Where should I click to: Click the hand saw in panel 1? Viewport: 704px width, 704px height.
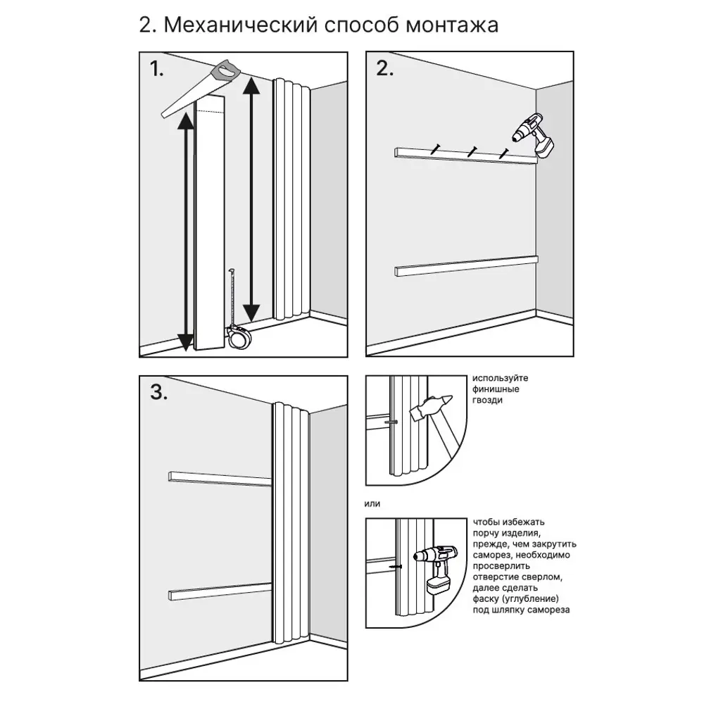(x=201, y=88)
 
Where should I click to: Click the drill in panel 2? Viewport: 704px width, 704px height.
(x=535, y=134)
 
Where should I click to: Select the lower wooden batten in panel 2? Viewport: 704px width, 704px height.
(x=465, y=265)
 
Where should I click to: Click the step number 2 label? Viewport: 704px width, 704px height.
(x=385, y=68)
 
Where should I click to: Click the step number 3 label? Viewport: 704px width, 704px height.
(x=159, y=392)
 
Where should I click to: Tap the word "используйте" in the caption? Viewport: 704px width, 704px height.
(x=501, y=378)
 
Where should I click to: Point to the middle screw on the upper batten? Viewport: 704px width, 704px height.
(x=471, y=150)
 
